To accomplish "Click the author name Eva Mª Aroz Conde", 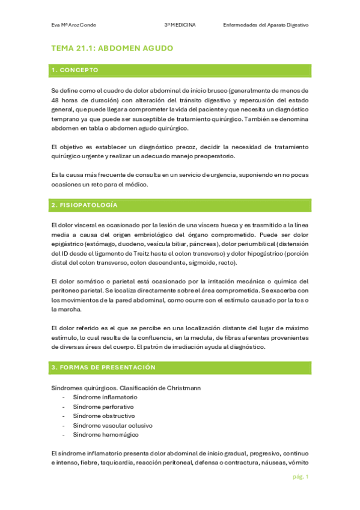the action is pyautogui.click(x=74, y=25).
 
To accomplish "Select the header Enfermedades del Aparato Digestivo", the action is pyautogui.click(x=265, y=25).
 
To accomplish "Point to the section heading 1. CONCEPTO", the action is pyautogui.click(x=75, y=71).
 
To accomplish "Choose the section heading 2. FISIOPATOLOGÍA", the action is pyautogui.click(x=85, y=206).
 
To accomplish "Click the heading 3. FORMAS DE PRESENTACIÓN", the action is pyautogui.click(x=103, y=367).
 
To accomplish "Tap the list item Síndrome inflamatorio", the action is pyautogui.click(x=105, y=398).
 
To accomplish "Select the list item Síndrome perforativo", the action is pyautogui.click(x=104, y=407).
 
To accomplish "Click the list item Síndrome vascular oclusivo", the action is pyautogui.click(x=112, y=425).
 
